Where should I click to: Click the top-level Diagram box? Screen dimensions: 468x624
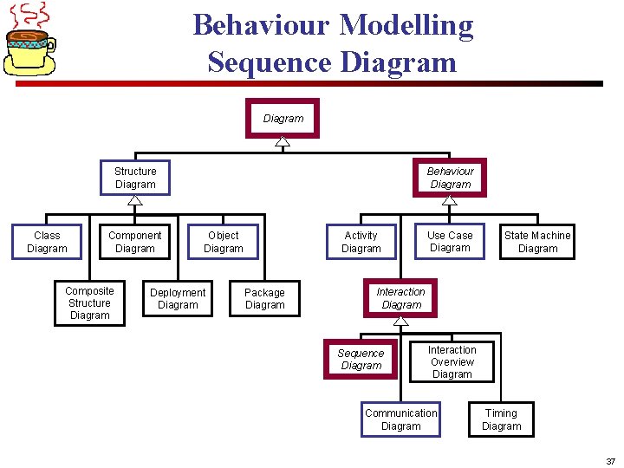(283, 119)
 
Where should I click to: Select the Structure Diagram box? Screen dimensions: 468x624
(135, 178)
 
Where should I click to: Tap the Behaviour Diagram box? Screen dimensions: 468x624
(450, 178)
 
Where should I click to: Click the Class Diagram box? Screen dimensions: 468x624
(47, 242)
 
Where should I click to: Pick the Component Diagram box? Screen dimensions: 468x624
(134, 242)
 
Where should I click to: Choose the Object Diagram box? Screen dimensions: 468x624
(223, 242)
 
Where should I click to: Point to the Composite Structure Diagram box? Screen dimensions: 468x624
(89, 303)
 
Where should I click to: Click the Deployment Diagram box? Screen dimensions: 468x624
(178, 299)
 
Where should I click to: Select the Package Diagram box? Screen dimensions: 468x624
(264, 299)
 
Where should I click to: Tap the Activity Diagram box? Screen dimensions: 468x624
(361, 242)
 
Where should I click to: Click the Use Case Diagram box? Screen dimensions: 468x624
(450, 242)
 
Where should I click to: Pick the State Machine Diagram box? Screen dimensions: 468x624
(537, 242)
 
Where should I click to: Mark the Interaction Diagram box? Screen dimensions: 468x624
(401, 298)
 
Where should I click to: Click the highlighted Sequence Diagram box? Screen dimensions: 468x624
(361, 360)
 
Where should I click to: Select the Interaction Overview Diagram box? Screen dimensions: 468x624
(452, 362)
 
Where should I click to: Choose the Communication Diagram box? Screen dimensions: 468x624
(400, 419)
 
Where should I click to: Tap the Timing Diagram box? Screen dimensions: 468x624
(501, 419)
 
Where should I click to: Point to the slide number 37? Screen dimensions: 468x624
(610, 462)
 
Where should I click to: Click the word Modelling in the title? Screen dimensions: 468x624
(406, 24)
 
